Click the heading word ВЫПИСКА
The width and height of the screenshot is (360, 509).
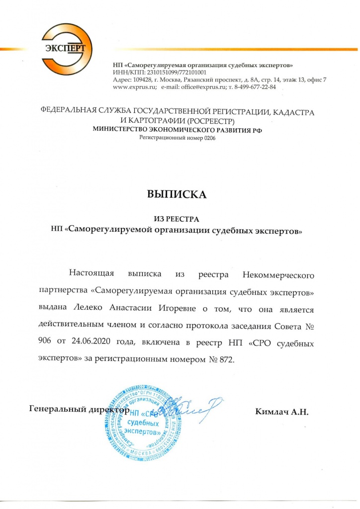pos(176,194)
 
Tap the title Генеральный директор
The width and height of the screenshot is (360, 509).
pos(80,411)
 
